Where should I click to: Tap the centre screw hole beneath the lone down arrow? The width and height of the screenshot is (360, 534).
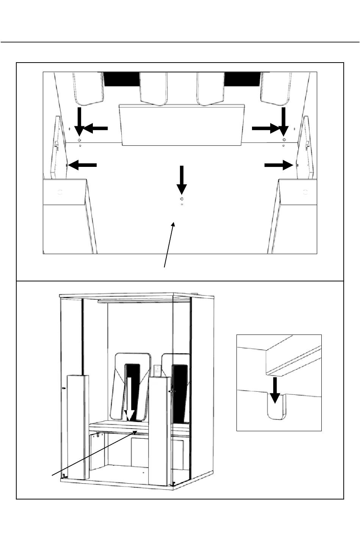(182, 199)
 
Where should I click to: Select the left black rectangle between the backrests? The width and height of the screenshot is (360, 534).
(122, 79)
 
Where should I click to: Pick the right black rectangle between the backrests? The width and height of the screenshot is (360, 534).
(243, 79)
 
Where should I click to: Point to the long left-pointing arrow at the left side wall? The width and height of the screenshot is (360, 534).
(83, 165)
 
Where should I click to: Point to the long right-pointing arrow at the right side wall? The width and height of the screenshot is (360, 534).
(279, 165)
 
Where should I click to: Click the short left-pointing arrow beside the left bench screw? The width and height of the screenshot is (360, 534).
(95, 129)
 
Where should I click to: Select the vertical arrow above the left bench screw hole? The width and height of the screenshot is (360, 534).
(79, 121)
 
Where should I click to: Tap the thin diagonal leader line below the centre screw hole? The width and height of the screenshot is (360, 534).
(169, 245)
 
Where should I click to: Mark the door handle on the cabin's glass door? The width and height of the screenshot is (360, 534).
(171, 390)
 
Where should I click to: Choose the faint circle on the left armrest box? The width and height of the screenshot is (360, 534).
(60, 192)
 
